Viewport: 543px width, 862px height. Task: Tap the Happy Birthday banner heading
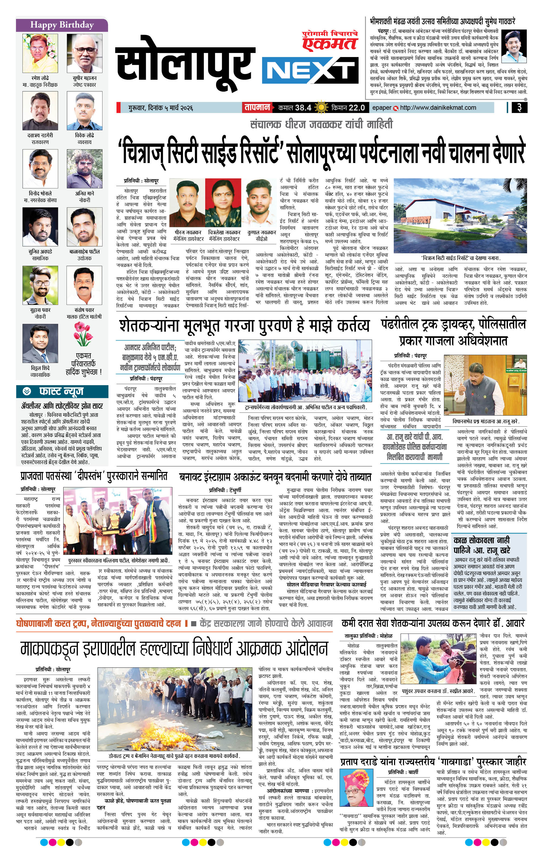(x=62, y=25)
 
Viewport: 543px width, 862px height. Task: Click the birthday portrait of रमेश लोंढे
(x=40, y=53)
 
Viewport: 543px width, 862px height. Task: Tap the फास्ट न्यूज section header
(x=62, y=391)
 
